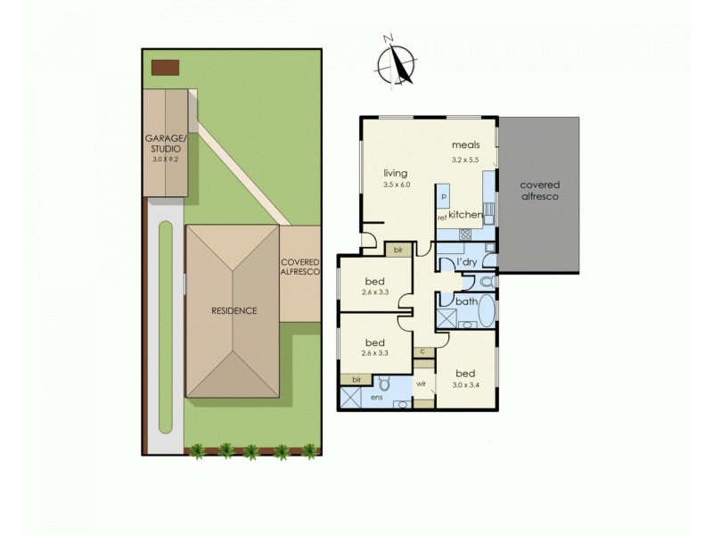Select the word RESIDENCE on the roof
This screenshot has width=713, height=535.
pos(234,310)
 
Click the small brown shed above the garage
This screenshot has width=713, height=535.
pos(165,68)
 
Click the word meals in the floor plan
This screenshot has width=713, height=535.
pos(466,145)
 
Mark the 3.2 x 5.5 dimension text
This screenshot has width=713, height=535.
pos(466,159)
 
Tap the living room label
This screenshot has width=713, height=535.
pos(396,173)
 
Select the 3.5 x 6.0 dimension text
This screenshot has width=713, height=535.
pos(396,185)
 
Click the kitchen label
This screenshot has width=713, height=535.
pos(466,216)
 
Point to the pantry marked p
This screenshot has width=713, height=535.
pos(442,196)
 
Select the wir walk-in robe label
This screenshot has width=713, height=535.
pos(421,385)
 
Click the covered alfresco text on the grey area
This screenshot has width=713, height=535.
pos(539,191)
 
